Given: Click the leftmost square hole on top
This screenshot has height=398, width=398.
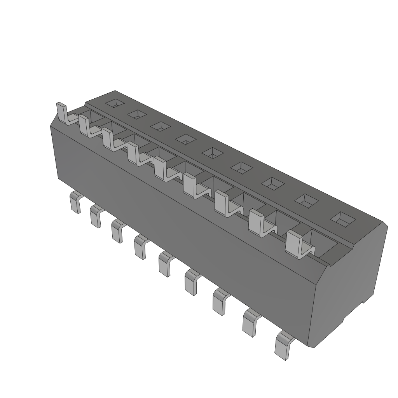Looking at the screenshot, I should point(115,103).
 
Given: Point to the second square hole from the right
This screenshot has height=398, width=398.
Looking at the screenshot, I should point(307,200).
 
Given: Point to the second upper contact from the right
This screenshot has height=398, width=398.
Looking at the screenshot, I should point(258,223).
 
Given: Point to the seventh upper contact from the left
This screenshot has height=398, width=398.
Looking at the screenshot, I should point(222,203).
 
